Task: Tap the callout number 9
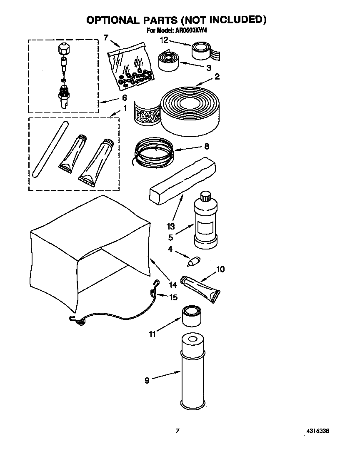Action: coord(147,380)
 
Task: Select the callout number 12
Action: coord(164,40)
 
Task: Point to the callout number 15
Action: coord(173,297)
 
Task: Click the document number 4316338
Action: coord(320,431)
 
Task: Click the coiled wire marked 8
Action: coord(153,152)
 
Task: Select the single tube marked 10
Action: coord(202,288)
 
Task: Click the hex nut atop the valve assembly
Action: coord(62,49)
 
